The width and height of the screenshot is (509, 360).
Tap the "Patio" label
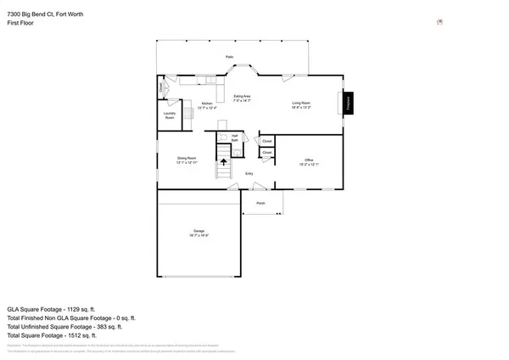coord(229,57)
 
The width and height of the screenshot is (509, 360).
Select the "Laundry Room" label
coord(170,115)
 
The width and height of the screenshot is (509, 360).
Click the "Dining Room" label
coord(187,158)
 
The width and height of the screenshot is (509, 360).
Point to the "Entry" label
coord(249,174)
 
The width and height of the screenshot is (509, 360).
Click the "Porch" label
coord(261,204)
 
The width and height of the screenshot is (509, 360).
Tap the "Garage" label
coord(199,231)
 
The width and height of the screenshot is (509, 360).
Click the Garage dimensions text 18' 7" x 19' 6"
coord(199,236)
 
